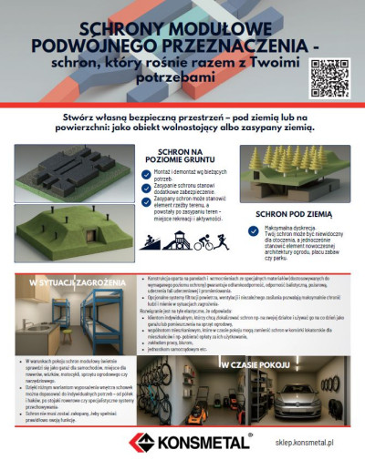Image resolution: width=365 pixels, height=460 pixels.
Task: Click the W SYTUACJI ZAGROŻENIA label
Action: pos(64,283)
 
